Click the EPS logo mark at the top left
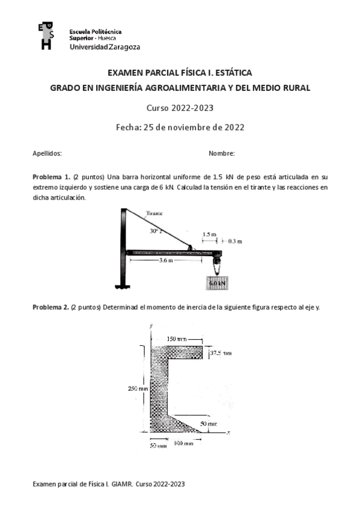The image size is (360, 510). (x=45, y=36)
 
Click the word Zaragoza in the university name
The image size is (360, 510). (x=124, y=47)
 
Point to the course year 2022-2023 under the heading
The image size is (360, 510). (x=197, y=108)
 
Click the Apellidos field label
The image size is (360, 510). (x=47, y=154)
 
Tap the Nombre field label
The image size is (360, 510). (x=222, y=154)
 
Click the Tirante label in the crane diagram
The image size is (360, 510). (x=155, y=213)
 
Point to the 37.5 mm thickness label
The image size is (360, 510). (x=220, y=353)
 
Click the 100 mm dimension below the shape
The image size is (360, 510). (x=183, y=443)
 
